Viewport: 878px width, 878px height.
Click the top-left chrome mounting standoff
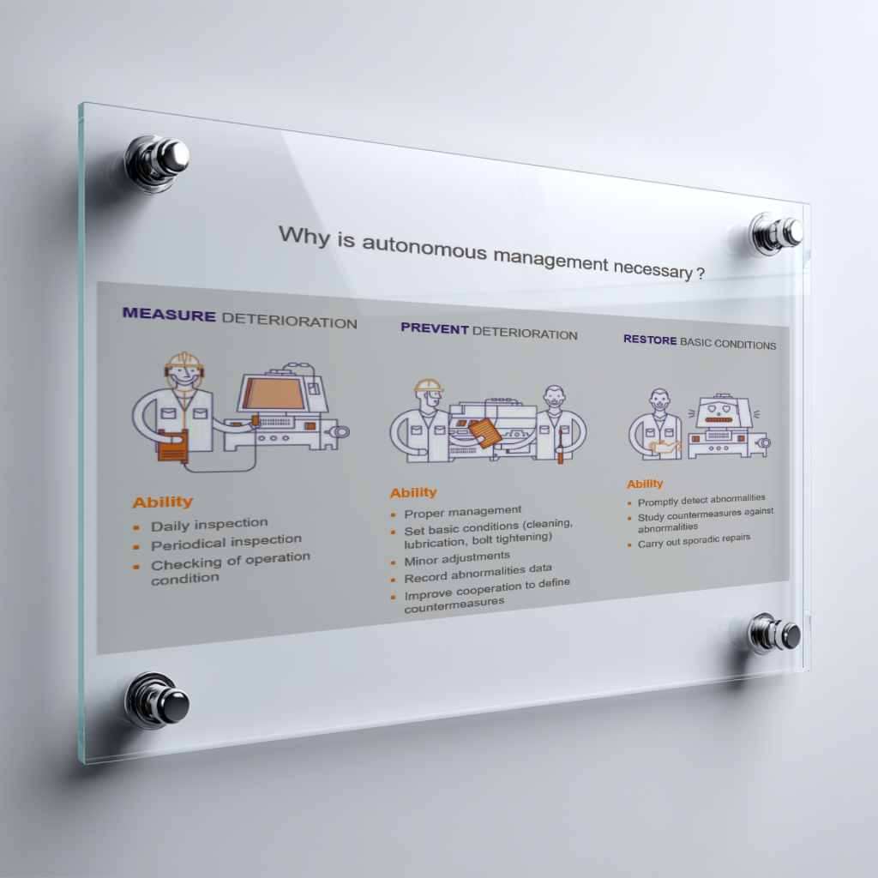(157, 162)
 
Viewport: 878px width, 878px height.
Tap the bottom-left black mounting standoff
(158, 701)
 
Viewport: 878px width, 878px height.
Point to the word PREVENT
(435, 328)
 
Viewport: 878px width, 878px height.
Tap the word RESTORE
(650, 340)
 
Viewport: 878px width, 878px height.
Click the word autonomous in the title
(424, 246)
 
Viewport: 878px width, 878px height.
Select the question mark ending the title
(701, 274)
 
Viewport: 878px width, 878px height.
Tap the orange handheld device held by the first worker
(173, 446)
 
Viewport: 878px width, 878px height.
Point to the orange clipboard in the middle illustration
(485, 433)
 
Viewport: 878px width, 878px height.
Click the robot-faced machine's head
(720, 412)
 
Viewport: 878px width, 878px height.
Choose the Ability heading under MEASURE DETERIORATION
(163, 502)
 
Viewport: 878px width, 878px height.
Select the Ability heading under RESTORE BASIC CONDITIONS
(645, 484)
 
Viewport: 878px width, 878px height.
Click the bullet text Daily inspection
(209, 524)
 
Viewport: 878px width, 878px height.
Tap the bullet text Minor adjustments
(457, 558)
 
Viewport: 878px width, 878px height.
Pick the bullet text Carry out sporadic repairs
(694, 541)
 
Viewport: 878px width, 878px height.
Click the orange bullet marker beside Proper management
(393, 514)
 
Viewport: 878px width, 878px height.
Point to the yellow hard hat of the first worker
(184, 360)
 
